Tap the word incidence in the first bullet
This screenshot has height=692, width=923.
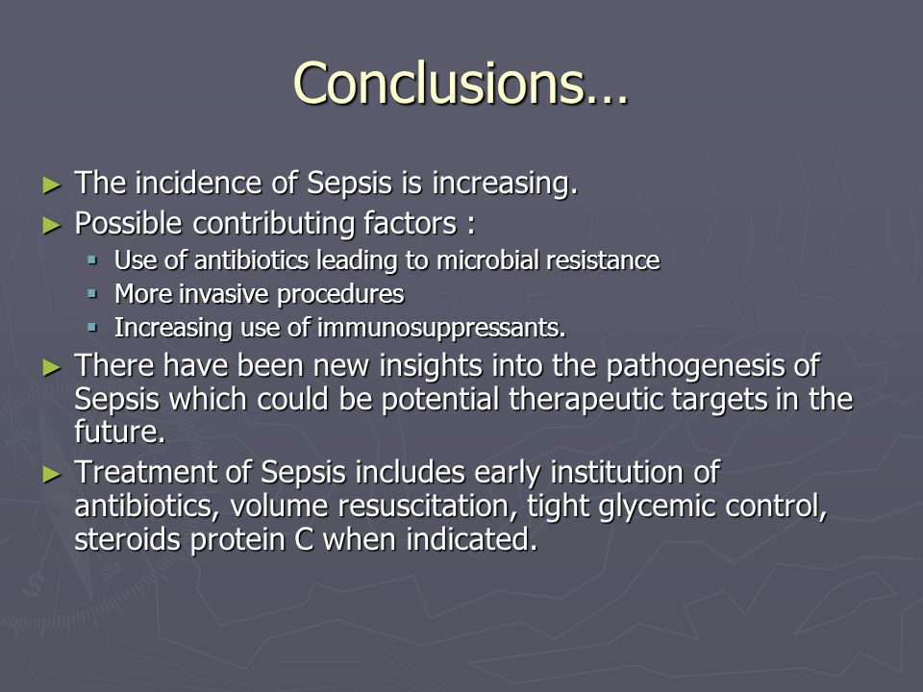pos(198,183)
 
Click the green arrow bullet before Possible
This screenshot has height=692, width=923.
pos(52,225)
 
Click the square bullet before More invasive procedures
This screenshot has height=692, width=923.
pos(92,292)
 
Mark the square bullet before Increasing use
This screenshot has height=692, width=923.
pos(92,327)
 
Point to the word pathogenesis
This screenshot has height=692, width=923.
pos(696,366)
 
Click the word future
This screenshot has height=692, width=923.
pos(119,432)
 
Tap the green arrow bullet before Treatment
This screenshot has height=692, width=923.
pos(52,474)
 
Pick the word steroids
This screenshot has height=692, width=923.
pos(127,539)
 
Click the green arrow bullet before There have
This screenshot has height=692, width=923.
pos(52,368)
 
